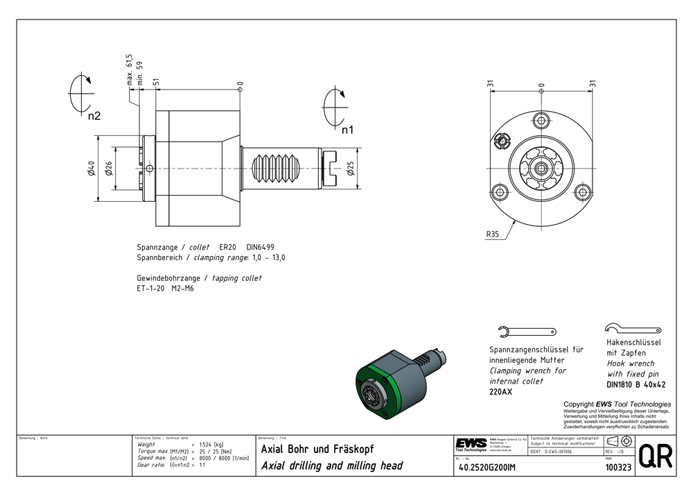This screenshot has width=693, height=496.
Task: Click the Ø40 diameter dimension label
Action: (x=91, y=169)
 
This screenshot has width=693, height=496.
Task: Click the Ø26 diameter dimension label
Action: (x=109, y=169)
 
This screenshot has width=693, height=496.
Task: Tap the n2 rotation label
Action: (x=94, y=116)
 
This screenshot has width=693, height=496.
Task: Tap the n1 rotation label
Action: (x=347, y=129)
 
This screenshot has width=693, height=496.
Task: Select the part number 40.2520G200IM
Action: (x=488, y=468)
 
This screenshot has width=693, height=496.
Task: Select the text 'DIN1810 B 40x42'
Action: (x=635, y=384)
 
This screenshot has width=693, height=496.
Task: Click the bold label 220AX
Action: (x=501, y=392)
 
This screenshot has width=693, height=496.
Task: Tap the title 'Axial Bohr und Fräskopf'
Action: (x=317, y=449)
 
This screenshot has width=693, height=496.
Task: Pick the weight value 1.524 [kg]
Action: (x=211, y=444)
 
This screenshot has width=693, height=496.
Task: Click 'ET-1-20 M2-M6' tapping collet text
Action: (x=165, y=288)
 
